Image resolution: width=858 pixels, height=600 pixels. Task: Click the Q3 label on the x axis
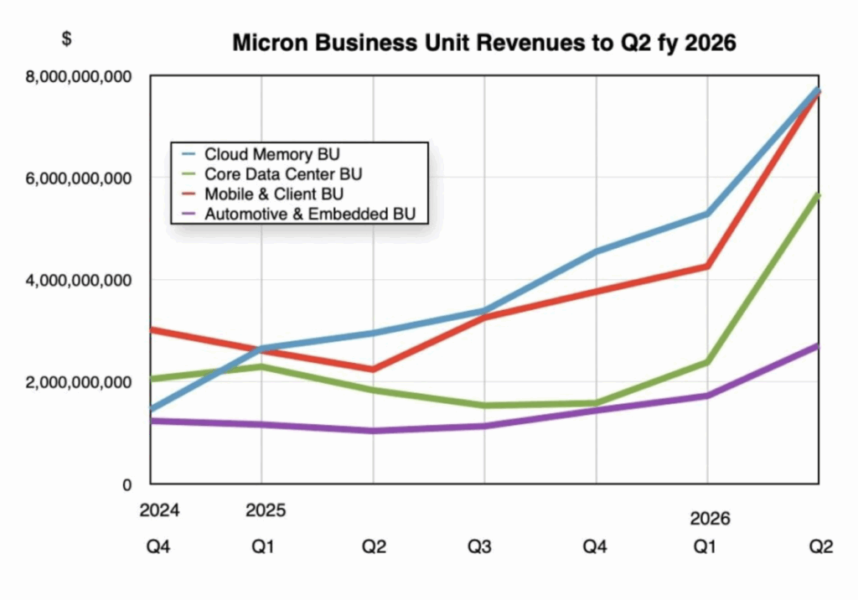tap(484, 547)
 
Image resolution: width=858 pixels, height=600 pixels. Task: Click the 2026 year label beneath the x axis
tap(708, 520)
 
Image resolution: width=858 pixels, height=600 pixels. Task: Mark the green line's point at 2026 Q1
tap(708, 362)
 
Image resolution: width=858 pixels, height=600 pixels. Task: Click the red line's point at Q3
tap(484, 317)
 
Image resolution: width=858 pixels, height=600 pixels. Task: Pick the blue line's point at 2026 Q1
tap(708, 214)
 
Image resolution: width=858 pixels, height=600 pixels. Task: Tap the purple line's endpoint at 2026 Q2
tap(817, 345)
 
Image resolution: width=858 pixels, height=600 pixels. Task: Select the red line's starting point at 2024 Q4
tap(152, 329)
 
